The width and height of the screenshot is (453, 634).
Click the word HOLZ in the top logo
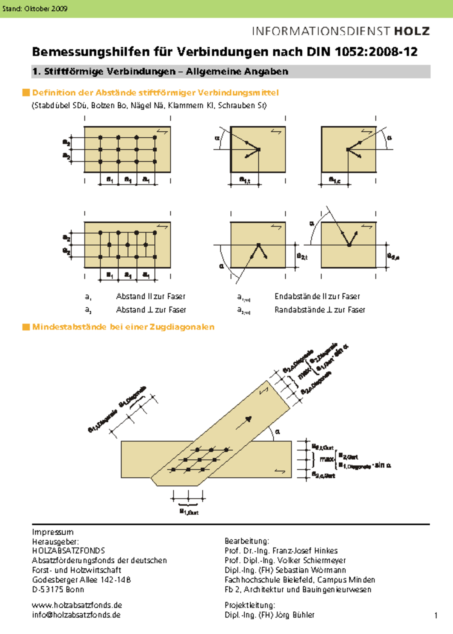tap(412, 31)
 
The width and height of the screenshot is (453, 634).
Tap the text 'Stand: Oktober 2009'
tap(35, 9)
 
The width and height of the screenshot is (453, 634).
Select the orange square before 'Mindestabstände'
tap(26, 327)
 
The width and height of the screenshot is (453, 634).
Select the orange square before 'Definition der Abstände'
tap(26, 92)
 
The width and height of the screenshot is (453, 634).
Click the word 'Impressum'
tap(53, 532)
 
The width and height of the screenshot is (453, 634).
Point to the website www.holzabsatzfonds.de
tap(77, 605)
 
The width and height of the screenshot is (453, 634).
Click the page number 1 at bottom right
tap(436, 616)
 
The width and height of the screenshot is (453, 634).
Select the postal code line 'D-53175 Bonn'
tap(58, 589)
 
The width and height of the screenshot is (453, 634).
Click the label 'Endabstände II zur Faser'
tap(317, 297)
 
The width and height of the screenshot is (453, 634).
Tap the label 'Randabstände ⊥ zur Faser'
tap(320, 310)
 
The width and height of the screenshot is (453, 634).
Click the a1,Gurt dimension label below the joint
tap(189, 512)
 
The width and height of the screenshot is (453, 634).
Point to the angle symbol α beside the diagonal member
tap(278, 432)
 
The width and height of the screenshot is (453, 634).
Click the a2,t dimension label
tap(302, 257)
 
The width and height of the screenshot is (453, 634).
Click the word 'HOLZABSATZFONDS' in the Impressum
tap(69, 551)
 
